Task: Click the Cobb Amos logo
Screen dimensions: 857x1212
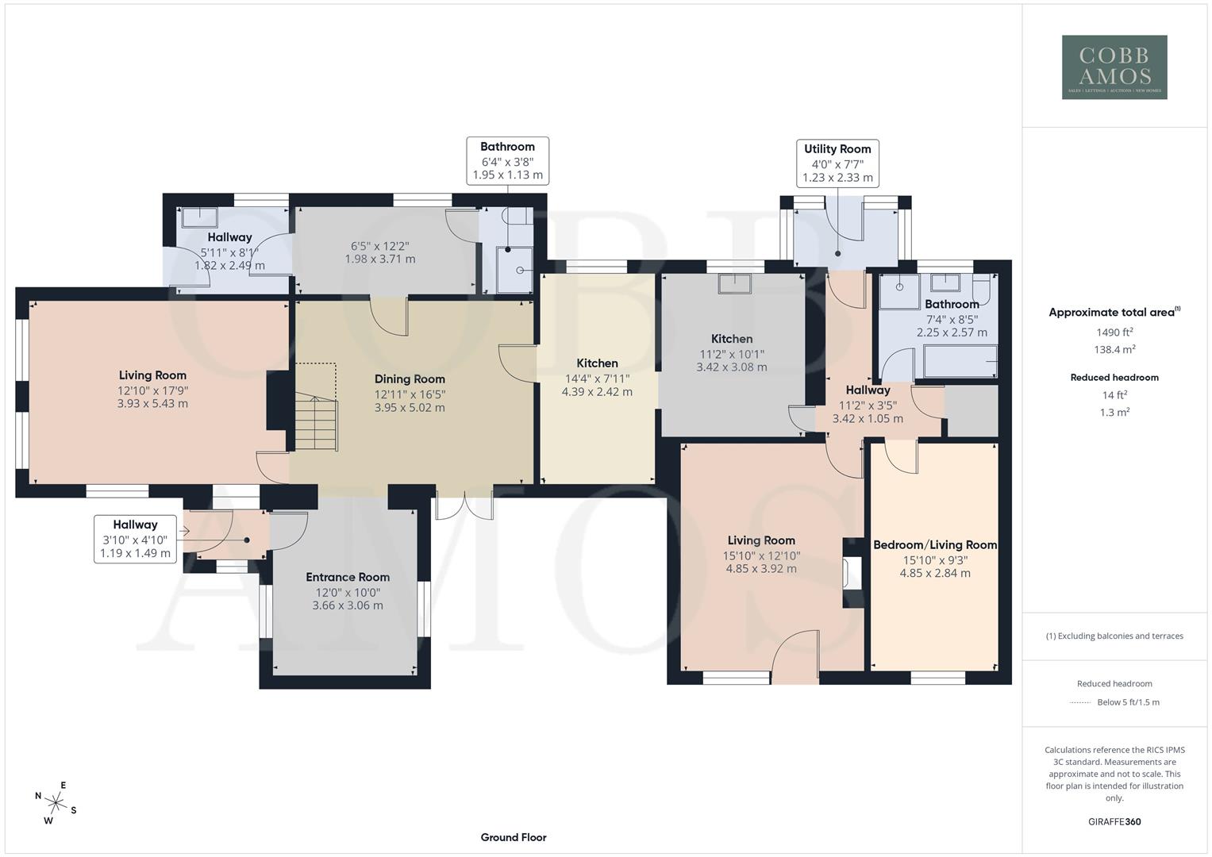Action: pyautogui.click(x=1114, y=67)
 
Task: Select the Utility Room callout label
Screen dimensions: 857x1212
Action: pyautogui.click(x=837, y=163)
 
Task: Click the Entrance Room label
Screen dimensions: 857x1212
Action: pyautogui.click(x=348, y=577)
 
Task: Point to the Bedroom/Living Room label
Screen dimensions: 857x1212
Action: pyautogui.click(x=934, y=544)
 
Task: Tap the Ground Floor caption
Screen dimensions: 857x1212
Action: pyautogui.click(x=513, y=837)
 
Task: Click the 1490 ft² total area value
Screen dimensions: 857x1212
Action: pyautogui.click(x=1114, y=332)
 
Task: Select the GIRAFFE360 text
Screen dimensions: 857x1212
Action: pyautogui.click(x=1114, y=821)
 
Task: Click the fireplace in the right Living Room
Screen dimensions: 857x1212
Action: pyautogui.click(x=852, y=574)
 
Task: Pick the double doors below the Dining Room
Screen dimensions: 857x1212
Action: pyautogui.click(x=464, y=505)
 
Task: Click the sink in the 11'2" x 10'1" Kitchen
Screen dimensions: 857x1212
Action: pyautogui.click(x=734, y=283)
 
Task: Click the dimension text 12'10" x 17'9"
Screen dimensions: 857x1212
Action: pyautogui.click(x=152, y=390)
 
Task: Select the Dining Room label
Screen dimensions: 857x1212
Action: pyautogui.click(x=410, y=379)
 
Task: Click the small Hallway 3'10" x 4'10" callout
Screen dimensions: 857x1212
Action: pyautogui.click(x=135, y=539)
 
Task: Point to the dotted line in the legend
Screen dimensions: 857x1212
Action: pyautogui.click(x=1080, y=702)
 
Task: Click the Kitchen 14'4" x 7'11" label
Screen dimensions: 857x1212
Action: pyautogui.click(x=597, y=363)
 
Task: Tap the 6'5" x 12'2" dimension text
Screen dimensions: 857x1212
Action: pyautogui.click(x=380, y=245)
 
